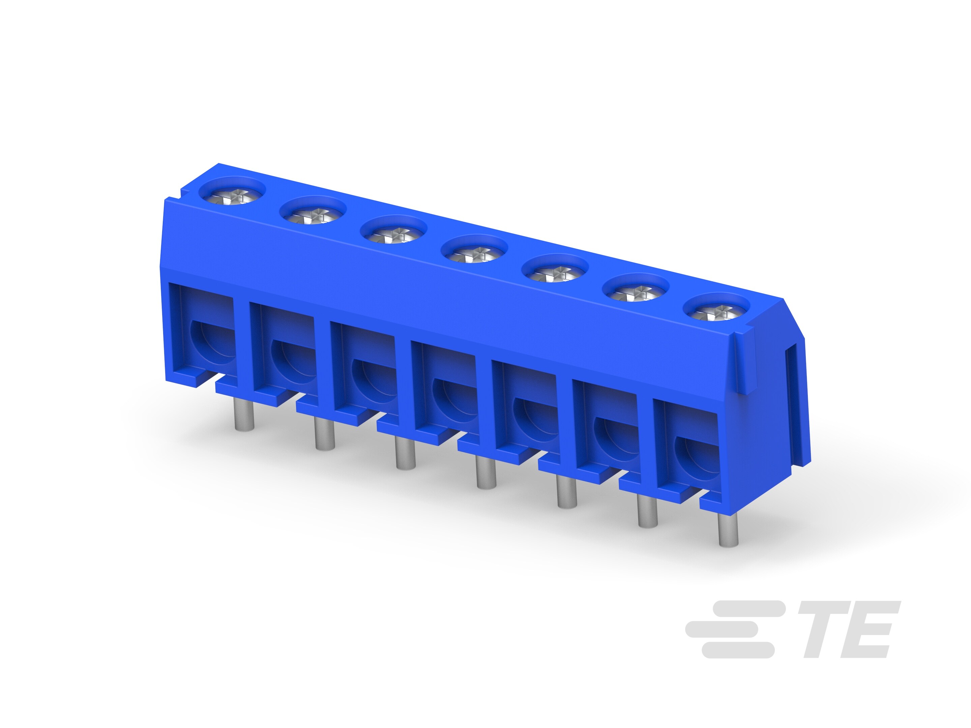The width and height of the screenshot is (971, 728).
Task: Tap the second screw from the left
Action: (313, 215)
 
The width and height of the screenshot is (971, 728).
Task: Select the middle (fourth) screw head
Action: (474, 253)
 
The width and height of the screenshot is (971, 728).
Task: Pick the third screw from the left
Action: (394, 234)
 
